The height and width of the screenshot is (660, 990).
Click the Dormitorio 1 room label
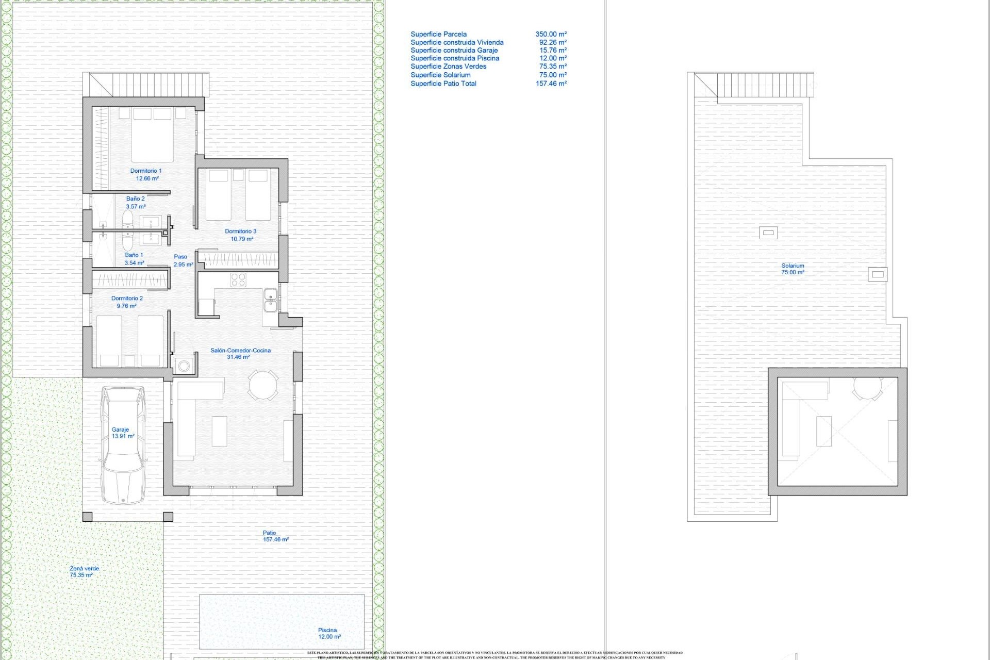pyautogui.click(x=146, y=171)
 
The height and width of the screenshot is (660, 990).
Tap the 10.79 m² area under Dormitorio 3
pyautogui.click(x=241, y=239)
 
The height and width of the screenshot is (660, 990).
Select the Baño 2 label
pyautogui.click(x=136, y=199)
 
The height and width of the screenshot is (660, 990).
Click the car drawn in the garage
pyautogui.click(x=123, y=444)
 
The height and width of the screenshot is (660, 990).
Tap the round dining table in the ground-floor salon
pyautogui.click(x=263, y=385)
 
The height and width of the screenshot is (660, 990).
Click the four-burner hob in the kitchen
pyautogui.click(x=238, y=280)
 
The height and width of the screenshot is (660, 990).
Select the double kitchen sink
pyautogui.click(x=270, y=300)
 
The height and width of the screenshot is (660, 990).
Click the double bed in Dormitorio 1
pyautogui.click(x=152, y=135)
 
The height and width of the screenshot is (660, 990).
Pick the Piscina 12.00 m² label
pyautogui.click(x=328, y=633)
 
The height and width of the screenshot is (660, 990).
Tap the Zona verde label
pyautogui.click(x=84, y=569)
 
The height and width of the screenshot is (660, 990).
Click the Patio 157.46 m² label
pyautogui.click(x=274, y=536)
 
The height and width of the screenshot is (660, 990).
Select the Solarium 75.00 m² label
pyautogui.click(x=793, y=269)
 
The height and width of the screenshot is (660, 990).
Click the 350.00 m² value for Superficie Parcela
pyautogui.click(x=551, y=34)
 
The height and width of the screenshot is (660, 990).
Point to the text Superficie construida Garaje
pyautogui.click(x=454, y=51)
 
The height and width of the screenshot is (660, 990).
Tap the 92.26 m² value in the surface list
pyautogui.click(x=553, y=42)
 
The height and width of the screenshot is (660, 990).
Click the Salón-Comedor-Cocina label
pyautogui.click(x=240, y=351)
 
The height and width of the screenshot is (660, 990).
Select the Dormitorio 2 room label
pyautogui.click(x=127, y=298)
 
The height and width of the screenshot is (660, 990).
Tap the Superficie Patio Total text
pyautogui.click(x=443, y=84)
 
